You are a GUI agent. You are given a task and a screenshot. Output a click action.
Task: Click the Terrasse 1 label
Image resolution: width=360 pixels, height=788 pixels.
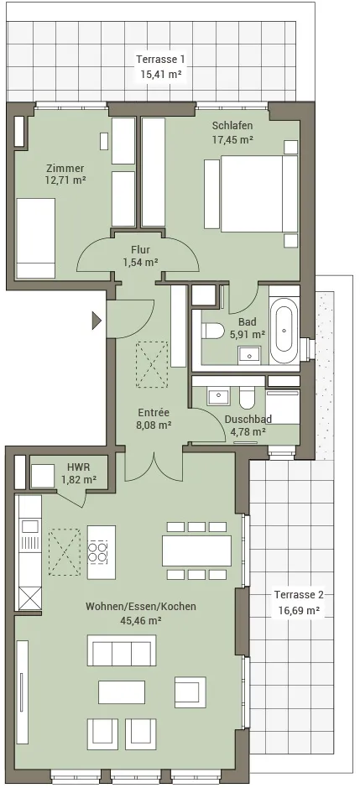(160, 60)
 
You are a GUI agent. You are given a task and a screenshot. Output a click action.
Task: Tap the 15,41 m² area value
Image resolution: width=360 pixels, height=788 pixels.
(160, 76)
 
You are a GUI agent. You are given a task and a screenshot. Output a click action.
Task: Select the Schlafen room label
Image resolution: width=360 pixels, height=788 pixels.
(232, 126)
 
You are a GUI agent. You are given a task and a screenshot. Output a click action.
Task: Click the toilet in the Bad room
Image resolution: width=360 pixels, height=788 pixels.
(212, 331)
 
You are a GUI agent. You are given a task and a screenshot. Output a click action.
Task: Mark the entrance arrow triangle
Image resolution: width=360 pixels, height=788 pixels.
(97, 320)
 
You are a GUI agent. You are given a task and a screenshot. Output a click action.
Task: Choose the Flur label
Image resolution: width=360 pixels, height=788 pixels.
(140, 249)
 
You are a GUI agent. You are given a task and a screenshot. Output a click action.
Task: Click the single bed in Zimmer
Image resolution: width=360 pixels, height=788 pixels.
(36, 238)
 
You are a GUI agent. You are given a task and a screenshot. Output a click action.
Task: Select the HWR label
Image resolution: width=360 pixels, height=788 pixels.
(78, 466)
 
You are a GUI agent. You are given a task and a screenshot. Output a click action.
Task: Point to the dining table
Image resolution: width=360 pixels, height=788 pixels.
(196, 551)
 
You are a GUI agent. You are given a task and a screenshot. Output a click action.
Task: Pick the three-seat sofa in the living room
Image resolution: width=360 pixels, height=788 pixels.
(121, 650)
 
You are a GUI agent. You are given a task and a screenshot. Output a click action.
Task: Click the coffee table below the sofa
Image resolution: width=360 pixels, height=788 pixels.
(122, 692)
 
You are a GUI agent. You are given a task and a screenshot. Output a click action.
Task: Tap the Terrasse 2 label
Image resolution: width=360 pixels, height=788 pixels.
(299, 595)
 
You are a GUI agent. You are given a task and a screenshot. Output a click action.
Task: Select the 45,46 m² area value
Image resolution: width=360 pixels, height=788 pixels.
(141, 620)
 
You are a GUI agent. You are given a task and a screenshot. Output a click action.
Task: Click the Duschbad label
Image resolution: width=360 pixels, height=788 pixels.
(248, 419)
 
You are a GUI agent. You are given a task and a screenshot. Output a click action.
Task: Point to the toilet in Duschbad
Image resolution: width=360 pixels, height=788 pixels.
(247, 397)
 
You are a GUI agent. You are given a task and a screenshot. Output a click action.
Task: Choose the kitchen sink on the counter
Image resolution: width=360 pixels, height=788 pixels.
(29, 526)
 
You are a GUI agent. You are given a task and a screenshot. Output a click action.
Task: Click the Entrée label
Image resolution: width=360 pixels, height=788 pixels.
(154, 413)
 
